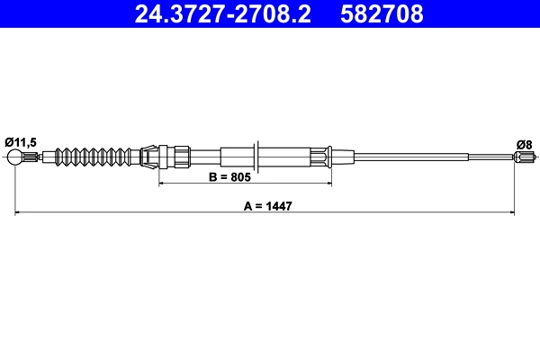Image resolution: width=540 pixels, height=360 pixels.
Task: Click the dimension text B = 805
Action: [229, 178]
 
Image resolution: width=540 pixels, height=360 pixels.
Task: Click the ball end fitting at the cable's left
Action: [17, 159]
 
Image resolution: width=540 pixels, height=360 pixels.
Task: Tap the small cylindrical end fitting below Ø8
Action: [523, 159]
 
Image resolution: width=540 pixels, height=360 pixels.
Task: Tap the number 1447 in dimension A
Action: [280, 205]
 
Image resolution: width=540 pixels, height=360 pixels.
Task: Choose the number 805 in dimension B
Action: [239, 178]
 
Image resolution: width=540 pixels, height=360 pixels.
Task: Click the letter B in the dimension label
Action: [212, 178]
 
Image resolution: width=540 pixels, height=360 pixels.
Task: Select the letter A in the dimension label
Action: [247, 205]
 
